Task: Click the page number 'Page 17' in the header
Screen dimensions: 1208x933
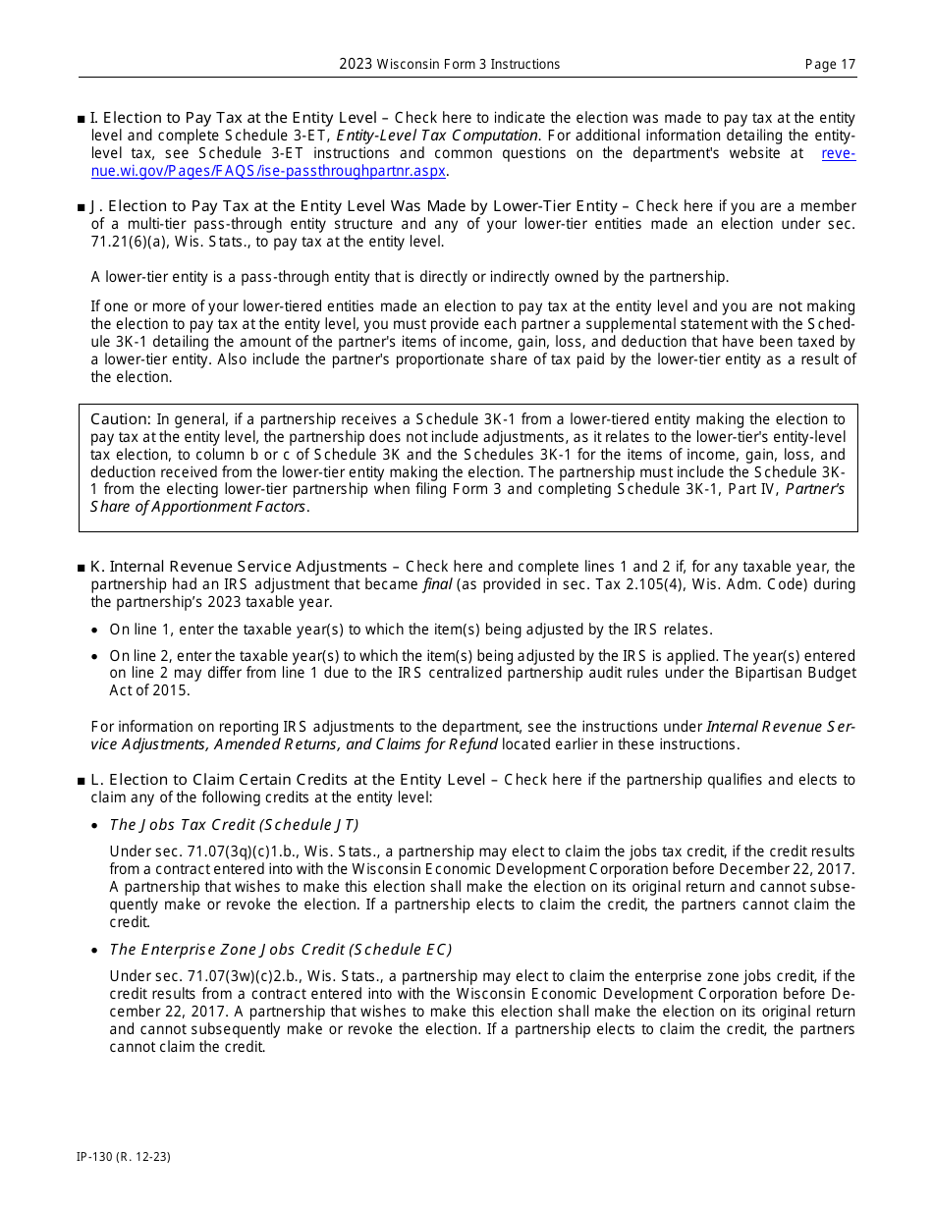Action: coord(830,65)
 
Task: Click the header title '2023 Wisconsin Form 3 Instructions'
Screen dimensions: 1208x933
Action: coord(450,65)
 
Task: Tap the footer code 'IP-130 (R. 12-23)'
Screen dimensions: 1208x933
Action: coord(124,1157)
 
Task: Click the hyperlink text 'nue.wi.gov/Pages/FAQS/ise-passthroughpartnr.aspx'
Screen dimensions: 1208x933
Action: coord(269,171)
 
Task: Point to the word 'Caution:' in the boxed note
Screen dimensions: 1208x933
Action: coord(121,419)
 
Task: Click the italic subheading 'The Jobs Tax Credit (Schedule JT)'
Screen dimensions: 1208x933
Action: coord(234,825)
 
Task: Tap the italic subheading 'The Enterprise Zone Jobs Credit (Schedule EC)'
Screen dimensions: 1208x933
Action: coord(281,950)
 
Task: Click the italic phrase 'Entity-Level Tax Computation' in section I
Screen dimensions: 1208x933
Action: coord(437,136)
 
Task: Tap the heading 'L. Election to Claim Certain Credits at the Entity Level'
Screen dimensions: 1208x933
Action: coord(288,780)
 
